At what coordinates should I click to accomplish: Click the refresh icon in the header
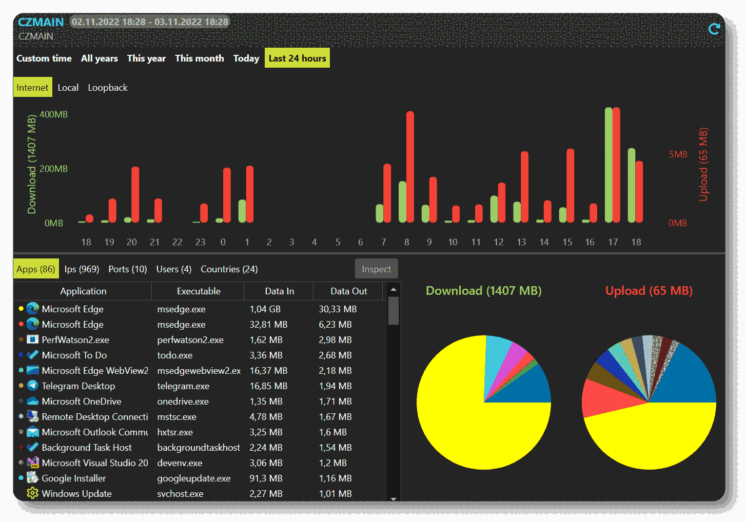(x=714, y=29)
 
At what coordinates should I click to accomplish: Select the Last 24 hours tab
(x=297, y=58)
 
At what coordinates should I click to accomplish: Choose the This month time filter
(x=199, y=58)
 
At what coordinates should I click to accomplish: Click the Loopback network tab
(x=108, y=88)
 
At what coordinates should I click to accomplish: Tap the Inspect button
(x=376, y=269)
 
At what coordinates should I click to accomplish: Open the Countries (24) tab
(x=229, y=269)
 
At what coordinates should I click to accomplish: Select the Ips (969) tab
(x=82, y=269)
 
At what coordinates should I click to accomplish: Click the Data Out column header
(x=348, y=291)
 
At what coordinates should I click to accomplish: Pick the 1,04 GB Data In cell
(x=265, y=309)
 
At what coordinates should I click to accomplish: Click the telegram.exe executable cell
(x=183, y=386)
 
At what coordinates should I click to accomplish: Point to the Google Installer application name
(x=74, y=478)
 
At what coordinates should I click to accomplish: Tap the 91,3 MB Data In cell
(x=265, y=478)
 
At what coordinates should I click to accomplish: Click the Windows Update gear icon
(x=32, y=493)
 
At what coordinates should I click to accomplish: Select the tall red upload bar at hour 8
(x=410, y=167)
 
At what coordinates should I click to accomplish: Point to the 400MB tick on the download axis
(x=53, y=114)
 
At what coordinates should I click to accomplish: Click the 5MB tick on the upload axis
(x=678, y=154)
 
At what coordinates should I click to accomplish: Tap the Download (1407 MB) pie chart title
(x=483, y=291)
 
